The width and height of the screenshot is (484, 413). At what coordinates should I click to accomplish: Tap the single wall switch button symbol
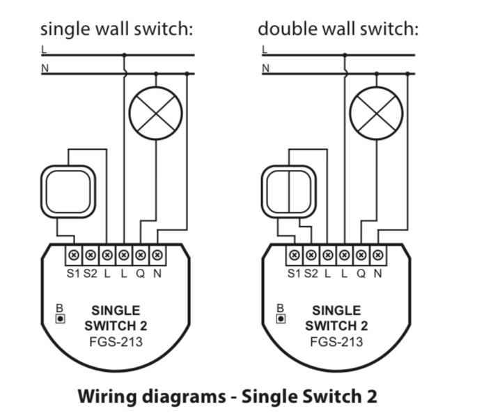(67, 190)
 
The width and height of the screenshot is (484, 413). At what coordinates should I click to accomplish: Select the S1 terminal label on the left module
(73, 274)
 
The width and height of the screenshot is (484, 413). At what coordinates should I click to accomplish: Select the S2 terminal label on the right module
(311, 274)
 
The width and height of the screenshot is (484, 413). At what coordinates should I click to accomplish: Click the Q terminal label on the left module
(140, 274)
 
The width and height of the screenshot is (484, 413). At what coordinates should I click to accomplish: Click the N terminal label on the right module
(377, 274)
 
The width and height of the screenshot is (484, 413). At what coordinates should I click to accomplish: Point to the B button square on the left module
(61, 319)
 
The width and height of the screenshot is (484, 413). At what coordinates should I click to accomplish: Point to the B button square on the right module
(280, 319)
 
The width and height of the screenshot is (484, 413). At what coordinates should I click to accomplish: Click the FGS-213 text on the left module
(116, 342)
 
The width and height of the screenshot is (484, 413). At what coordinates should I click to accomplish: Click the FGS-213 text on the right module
(337, 342)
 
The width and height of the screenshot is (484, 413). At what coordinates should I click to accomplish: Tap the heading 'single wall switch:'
(116, 29)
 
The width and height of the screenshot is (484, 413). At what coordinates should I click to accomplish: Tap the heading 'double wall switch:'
(338, 29)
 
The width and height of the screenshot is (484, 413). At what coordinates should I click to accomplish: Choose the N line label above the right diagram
(265, 68)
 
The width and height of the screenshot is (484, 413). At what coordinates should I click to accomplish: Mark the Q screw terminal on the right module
(361, 256)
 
